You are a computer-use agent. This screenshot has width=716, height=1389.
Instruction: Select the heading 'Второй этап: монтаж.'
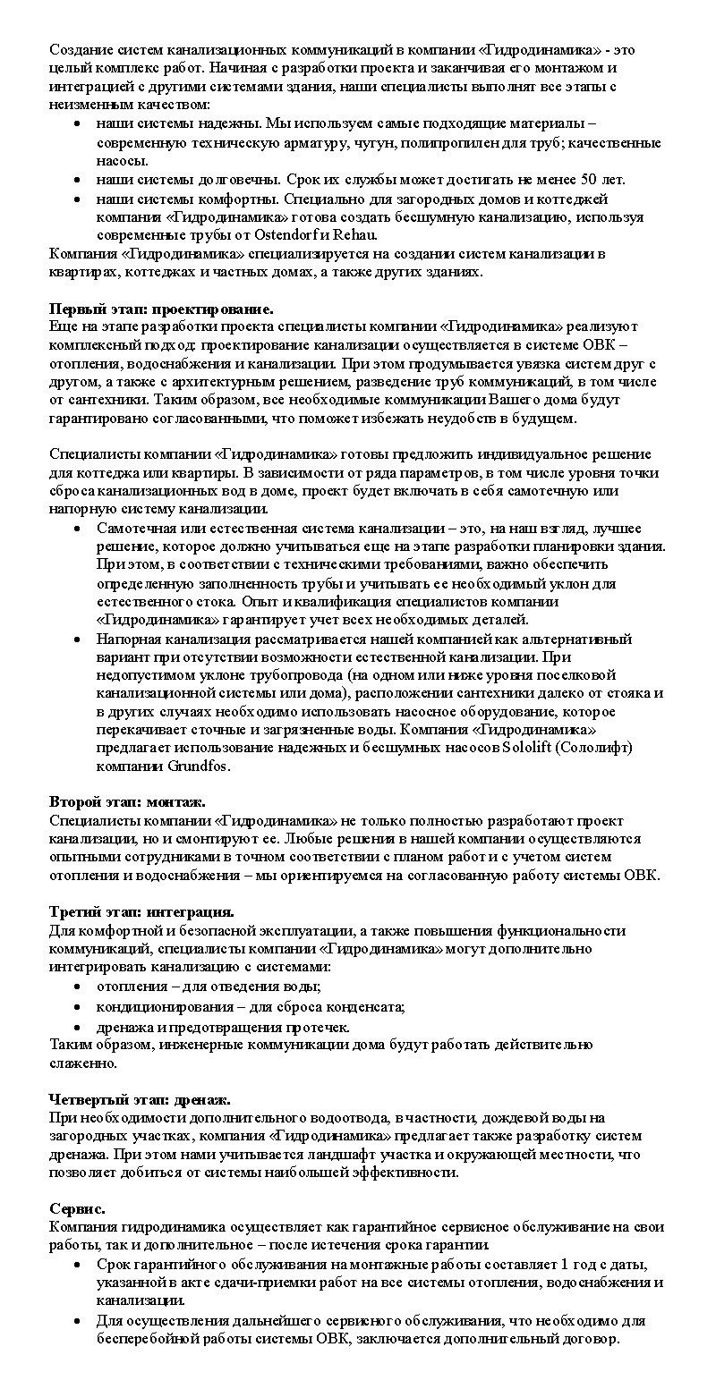(127, 802)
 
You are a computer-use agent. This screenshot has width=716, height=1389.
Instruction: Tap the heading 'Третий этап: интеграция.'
(141, 911)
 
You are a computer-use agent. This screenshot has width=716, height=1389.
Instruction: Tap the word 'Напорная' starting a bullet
(126, 639)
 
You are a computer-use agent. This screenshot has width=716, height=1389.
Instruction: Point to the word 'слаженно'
(83, 1063)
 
